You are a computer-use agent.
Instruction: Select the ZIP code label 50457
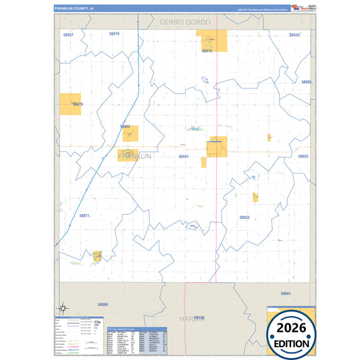click(68, 34)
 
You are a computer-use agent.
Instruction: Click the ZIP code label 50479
click(113, 33)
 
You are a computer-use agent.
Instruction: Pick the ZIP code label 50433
click(294, 34)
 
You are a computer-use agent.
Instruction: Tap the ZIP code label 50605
click(307, 82)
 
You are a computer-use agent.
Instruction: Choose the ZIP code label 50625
click(303, 156)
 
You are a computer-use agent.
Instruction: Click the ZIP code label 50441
click(183, 156)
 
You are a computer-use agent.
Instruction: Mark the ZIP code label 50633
click(245, 217)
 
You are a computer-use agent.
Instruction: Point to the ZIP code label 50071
click(84, 215)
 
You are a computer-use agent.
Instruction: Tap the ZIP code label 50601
click(286, 294)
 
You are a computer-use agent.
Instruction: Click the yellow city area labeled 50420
click(70, 104)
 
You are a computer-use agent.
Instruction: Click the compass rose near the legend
click(63, 309)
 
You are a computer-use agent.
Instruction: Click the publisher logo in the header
click(298, 8)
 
